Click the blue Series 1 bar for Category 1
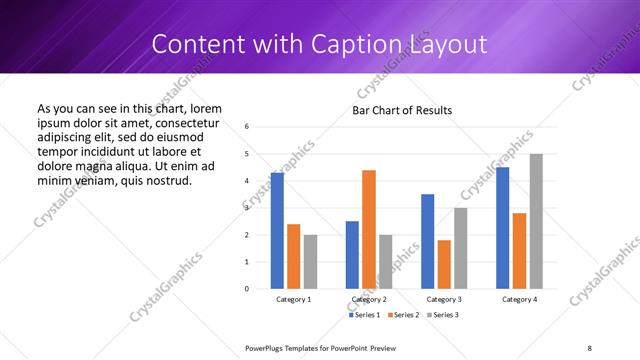point(277,231)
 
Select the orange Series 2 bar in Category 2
point(369,229)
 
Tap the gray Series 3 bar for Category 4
point(536,221)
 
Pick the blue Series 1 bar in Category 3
point(428,241)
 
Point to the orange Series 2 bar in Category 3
point(444,264)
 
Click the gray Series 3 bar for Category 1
point(310,261)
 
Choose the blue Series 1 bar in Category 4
point(503,228)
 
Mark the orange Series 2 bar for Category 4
point(519,250)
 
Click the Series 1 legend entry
point(364,316)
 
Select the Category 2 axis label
point(369,300)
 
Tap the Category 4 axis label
point(519,300)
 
